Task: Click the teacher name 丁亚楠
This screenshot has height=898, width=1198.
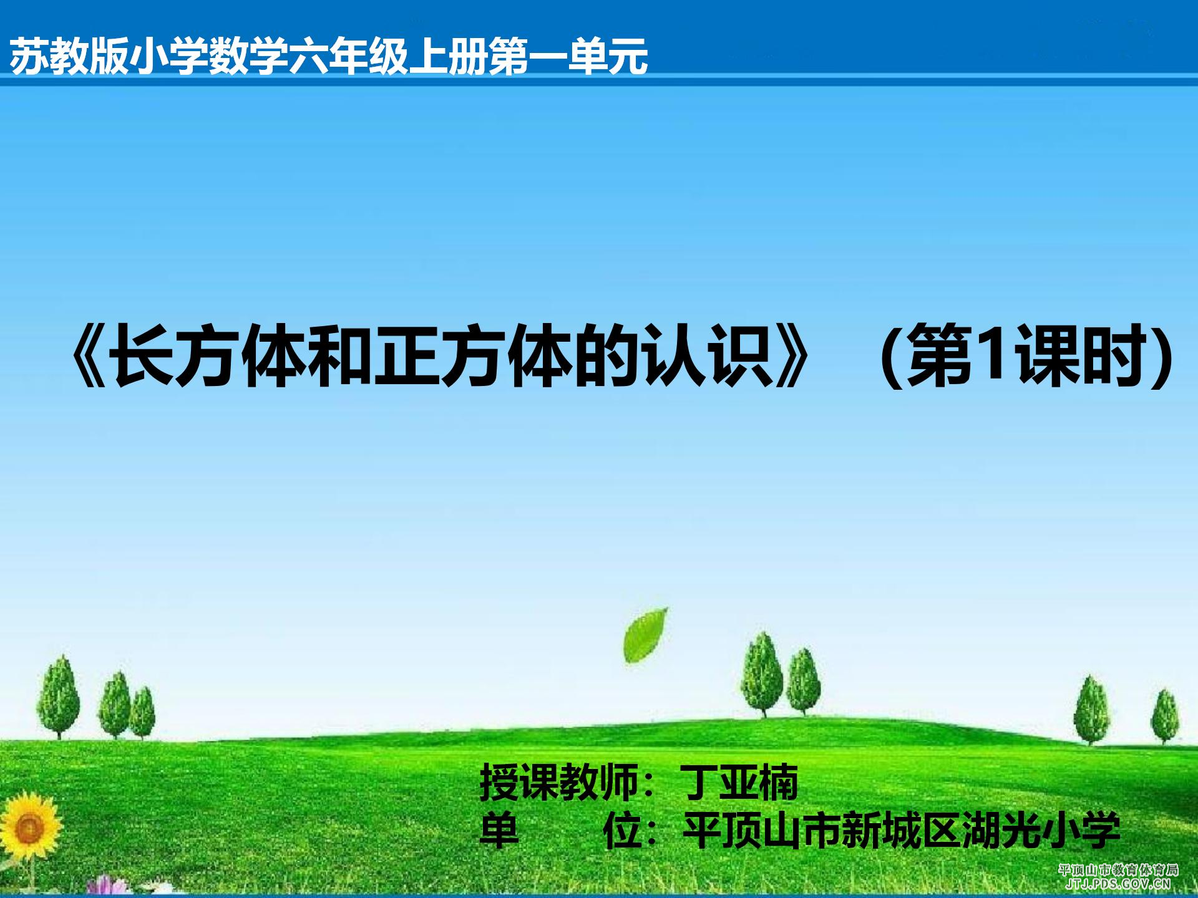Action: (x=739, y=783)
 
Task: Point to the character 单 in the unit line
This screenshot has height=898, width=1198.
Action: (x=499, y=829)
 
